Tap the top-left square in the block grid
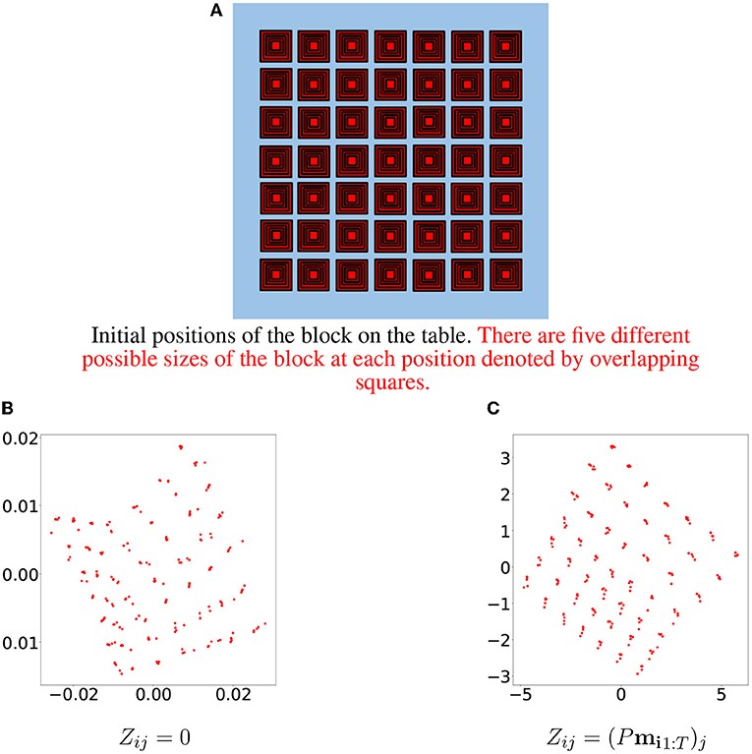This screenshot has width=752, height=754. [276, 45]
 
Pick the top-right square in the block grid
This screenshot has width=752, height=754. [506, 45]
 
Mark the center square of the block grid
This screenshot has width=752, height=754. [391, 160]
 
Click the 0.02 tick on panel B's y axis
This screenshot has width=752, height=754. [18, 436]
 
